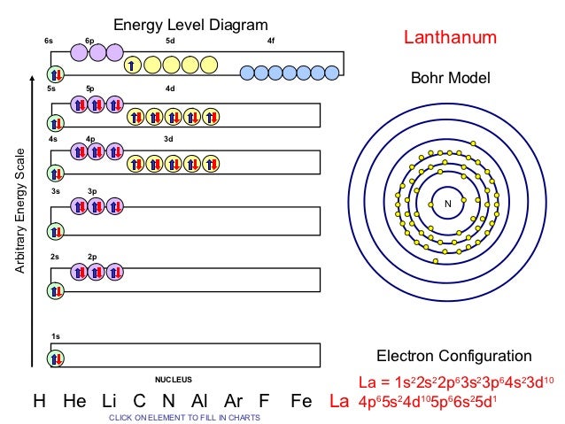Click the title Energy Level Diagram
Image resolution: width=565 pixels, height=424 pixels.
pyautogui.click(x=190, y=23)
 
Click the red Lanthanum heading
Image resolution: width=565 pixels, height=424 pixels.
pyautogui.click(x=450, y=38)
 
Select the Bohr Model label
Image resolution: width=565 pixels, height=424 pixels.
pyautogui.click(x=450, y=80)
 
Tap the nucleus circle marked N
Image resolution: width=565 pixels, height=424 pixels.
pyautogui.click(x=448, y=204)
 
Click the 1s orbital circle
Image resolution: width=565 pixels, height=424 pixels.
pyautogui.click(x=57, y=358)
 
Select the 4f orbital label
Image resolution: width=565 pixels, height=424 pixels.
pyautogui.click(x=271, y=41)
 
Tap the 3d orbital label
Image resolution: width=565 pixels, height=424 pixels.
pyautogui.click(x=168, y=138)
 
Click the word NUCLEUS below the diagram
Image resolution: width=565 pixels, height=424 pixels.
pyautogui.click(x=174, y=379)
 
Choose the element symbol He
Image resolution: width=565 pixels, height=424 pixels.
pyautogui.click(x=75, y=401)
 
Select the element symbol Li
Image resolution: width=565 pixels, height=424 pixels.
pyautogui.click(x=110, y=401)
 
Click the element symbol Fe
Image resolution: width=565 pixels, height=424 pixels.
pyautogui.click(x=301, y=401)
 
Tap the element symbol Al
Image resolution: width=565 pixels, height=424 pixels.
pyautogui.click(x=198, y=401)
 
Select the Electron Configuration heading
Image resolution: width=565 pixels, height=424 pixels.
pyautogui.click(x=454, y=356)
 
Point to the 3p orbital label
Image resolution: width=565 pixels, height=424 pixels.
pyautogui.click(x=93, y=191)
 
